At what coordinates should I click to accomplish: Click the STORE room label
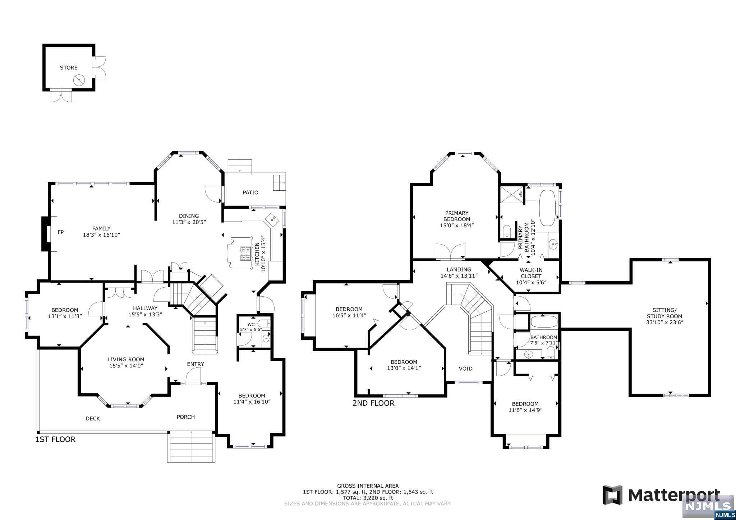tap(69, 68)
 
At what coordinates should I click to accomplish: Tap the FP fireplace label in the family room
tap(61, 232)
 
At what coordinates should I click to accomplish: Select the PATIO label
tap(250, 192)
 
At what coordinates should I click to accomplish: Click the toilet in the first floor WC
tap(263, 323)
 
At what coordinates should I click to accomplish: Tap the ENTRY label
tap(195, 364)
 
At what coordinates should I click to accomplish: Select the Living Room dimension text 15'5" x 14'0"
tap(126, 366)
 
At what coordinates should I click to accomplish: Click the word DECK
tap(93, 418)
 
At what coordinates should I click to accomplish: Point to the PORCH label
tap(186, 417)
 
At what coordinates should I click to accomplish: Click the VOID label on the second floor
tap(466, 368)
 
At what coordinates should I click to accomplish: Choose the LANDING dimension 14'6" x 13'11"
tap(459, 276)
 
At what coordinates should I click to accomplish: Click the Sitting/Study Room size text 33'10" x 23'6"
tap(664, 322)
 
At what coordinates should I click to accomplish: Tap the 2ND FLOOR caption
tap(373, 403)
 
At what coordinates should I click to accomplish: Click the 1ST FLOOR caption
tap(55, 440)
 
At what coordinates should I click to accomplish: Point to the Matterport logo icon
tap(613, 495)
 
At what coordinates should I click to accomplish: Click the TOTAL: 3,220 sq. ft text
tap(368, 498)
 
